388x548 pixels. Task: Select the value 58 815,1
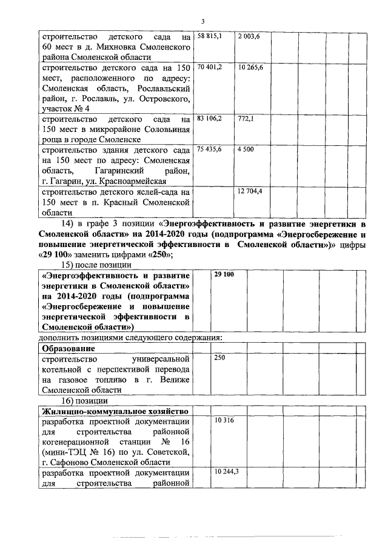pos(210,37)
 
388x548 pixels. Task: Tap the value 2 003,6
pos(249,37)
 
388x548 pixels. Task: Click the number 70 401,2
pos(210,66)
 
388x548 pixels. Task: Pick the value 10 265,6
pos(250,66)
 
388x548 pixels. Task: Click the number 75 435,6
pos(210,149)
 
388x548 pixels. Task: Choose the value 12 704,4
pos(250,191)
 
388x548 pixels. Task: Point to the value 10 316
pos(224,419)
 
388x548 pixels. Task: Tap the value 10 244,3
pos(226,471)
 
